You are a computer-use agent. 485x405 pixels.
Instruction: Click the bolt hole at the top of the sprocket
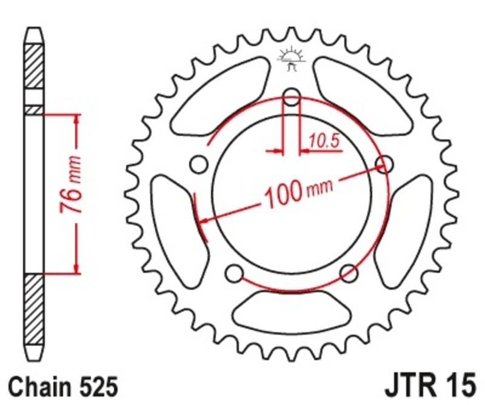[292, 98]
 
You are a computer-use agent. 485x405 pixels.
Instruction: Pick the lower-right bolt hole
[348, 273]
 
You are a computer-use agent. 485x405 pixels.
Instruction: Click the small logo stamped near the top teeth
[291, 59]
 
